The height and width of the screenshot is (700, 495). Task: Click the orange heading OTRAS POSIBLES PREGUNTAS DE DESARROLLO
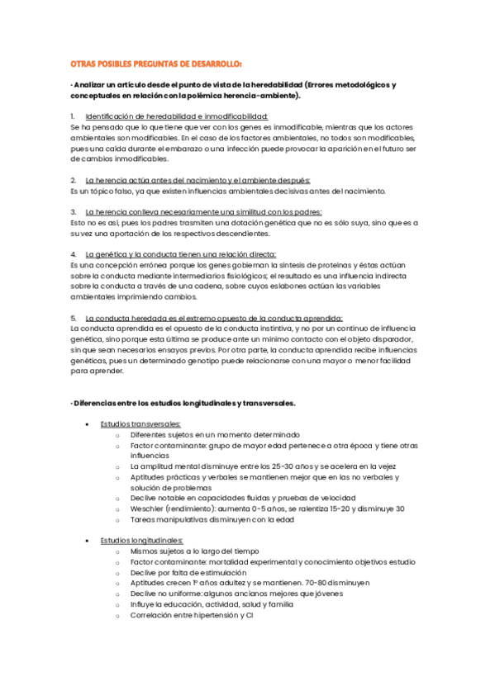pos(156,64)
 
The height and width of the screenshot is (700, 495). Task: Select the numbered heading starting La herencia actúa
pos(198,180)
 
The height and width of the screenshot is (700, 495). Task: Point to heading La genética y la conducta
pos(181,254)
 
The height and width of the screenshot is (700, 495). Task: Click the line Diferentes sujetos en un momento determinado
pos(215,434)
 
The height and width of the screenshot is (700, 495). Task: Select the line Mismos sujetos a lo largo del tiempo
pos(194,551)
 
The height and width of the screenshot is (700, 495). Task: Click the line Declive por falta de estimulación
pos(188,572)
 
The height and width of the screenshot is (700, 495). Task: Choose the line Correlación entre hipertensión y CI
pos(191,615)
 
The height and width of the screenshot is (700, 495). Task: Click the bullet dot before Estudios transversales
pos(88,424)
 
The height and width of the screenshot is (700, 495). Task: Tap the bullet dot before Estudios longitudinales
pos(88,541)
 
